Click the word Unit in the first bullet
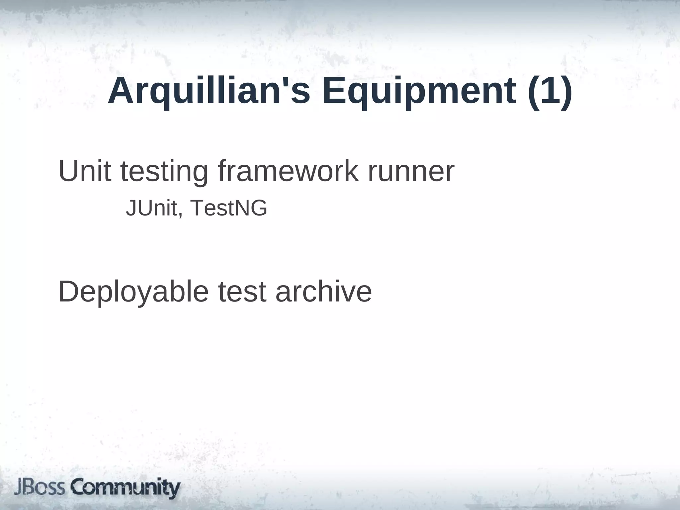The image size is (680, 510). pyautogui.click(x=85, y=172)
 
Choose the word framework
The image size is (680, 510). pyautogui.click(x=288, y=172)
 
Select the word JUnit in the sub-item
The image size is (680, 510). pyautogui.click(x=151, y=208)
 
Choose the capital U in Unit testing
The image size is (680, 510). pyautogui.click(x=69, y=172)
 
